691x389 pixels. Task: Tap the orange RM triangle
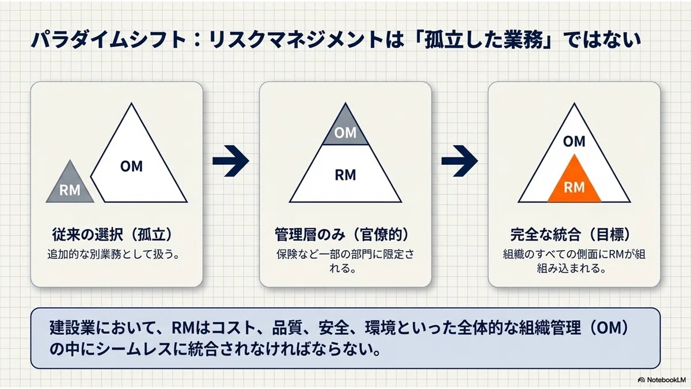(x=574, y=184)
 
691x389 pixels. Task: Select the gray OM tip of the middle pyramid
(x=345, y=129)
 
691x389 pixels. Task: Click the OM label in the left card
(x=131, y=167)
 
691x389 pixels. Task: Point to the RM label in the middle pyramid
(x=345, y=175)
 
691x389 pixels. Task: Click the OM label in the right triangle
(x=574, y=141)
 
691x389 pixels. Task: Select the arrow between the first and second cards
(x=231, y=161)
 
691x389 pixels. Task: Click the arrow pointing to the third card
(x=460, y=161)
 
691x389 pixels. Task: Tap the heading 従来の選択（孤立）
(x=113, y=235)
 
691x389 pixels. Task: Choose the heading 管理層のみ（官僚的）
(x=343, y=235)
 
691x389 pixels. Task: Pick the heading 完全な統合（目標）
(x=571, y=235)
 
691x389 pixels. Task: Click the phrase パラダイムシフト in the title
(x=109, y=40)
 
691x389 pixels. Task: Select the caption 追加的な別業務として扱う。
(x=113, y=254)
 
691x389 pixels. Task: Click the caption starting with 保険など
(x=345, y=261)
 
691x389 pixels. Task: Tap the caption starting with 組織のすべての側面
(x=574, y=261)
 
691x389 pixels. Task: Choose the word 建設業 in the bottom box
(x=72, y=328)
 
